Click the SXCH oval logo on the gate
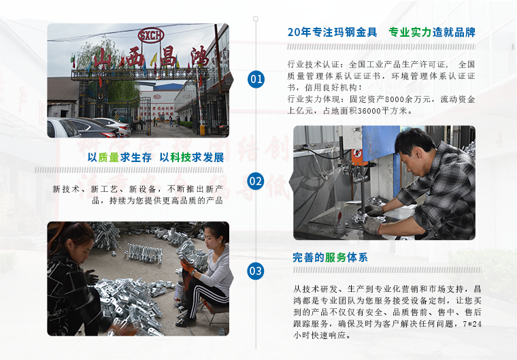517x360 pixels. click(151, 35)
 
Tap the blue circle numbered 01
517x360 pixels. click(256, 79)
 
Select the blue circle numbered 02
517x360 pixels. click(256, 181)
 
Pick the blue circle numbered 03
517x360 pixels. click(256, 272)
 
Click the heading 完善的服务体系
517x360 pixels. click(330, 257)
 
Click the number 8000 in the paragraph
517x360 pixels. click(393, 99)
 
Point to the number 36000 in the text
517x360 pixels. click(369, 111)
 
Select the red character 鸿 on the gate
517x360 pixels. click(200, 56)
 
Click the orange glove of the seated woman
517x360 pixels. click(187, 266)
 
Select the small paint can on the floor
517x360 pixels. click(180, 291)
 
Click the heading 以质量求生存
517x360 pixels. click(120, 158)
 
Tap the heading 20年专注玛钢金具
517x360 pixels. click(333, 33)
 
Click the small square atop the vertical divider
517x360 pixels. click(256, 19)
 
